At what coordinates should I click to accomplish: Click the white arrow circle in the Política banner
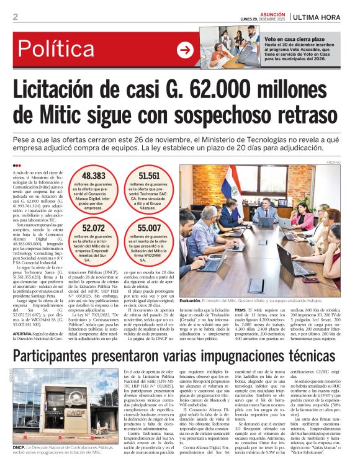click(185, 50)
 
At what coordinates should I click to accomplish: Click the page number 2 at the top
click(15, 17)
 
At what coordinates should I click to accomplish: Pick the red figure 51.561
click(149, 176)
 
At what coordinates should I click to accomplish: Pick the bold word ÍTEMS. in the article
click(241, 308)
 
